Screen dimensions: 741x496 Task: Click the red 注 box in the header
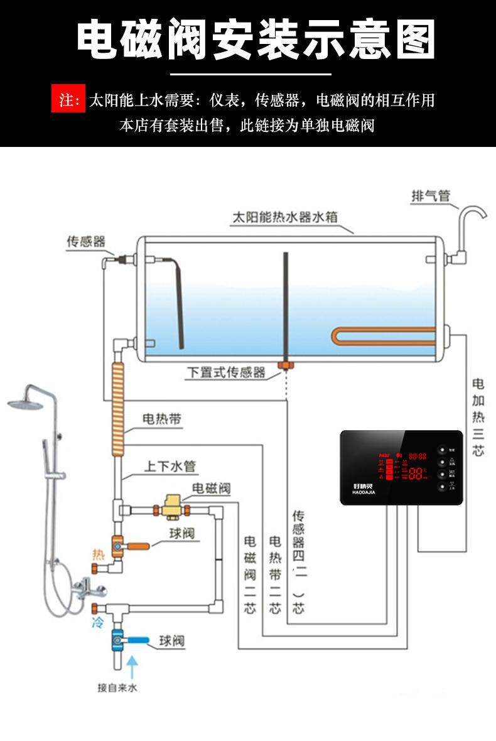click(x=68, y=100)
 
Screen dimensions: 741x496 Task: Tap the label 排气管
click(x=431, y=197)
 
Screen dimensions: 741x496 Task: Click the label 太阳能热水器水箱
click(x=284, y=217)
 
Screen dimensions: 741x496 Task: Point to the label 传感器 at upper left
click(x=86, y=241)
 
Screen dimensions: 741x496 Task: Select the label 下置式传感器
click(x=226, y=372)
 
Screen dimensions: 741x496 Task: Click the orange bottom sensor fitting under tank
click(x=286, y=365)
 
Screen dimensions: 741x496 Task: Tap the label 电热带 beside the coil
click(x=161, y=419)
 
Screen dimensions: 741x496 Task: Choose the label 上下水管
click(x=170, y=467)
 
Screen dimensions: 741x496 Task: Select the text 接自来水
click(x=117, y=688)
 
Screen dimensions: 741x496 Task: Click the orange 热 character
click(x=97, y=555)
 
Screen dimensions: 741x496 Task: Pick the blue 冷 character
click(x=97, y=623)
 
